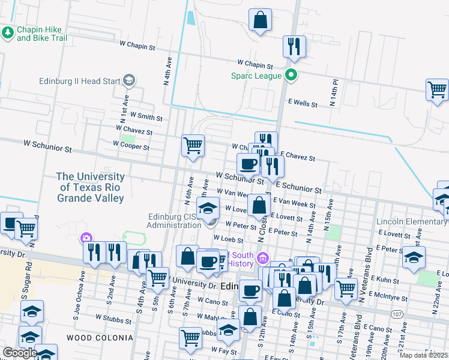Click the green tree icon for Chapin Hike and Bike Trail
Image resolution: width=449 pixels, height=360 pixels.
pos(8,32)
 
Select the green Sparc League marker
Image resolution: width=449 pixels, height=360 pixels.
pos(291,76)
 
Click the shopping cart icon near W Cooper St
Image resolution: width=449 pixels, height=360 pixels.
pos(193,145)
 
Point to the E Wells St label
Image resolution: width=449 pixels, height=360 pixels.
pos(303,104)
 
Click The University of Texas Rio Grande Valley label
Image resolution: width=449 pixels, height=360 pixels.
pos(90,187)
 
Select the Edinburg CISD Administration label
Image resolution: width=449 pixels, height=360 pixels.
pos(174,221)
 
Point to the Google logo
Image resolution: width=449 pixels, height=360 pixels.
pos(19,353)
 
